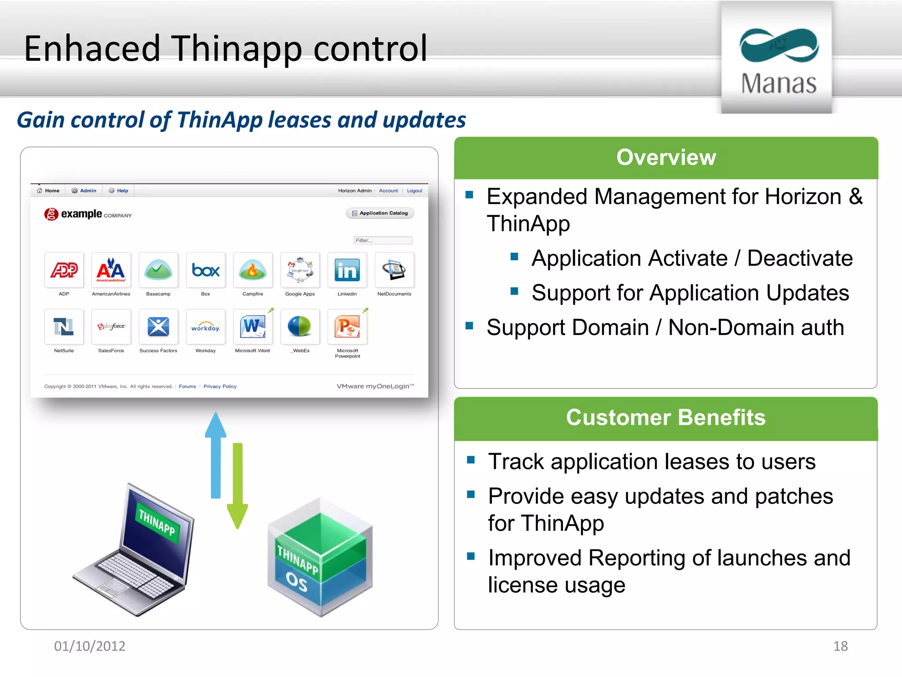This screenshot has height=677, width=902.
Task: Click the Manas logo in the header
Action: pyautogui.click(x=778, y=60)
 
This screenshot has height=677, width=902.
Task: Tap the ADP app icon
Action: pyautogui.click(x=64, y=270)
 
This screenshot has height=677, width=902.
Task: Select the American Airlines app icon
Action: pyautogui.click(x=111, y=270)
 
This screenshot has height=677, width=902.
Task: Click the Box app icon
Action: pyautogui.click(x=206, y=270)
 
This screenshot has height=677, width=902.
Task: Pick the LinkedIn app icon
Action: pyautogui.click(x=347, y=270)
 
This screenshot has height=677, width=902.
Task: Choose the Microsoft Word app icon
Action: pyautogui.click(x=252, y=327)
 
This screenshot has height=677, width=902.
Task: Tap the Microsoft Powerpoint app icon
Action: pyautogui.click(x=347, y=327)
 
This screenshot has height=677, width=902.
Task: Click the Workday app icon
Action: pyautogui.click(x=206, y=327)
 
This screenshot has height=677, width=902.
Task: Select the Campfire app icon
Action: pyautogui.click(x=253, y=270)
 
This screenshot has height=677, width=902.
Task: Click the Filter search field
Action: pyautogui.click(x=383, y=240)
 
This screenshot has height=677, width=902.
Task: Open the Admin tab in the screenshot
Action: pyautogui.click(x=85, y=191)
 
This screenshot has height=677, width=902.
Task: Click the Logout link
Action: pyautogui.click(x=414, y=191)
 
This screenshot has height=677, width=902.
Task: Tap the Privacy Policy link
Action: pyautogui.click(x=220, y=387)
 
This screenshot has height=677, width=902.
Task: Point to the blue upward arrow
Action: pyautogui.click(x=215, y=454)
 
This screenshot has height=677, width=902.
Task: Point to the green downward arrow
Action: pyautogui.click(x=237, y=485)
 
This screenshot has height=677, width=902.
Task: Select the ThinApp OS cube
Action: pyautogui.click(x=320, y=558)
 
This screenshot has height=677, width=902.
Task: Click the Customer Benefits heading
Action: pyautogui.click(x=665, y=417)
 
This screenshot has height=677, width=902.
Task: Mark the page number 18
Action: pyautogui.click(x=840, y=646)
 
